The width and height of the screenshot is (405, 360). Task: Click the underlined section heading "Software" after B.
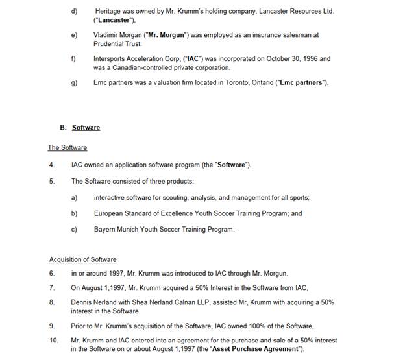[x=86, y=128]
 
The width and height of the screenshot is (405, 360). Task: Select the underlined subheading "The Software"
[x=67, y=147]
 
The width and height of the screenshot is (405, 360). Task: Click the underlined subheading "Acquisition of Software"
[x=82, y=259]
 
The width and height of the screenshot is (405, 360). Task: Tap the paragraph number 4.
[x=52, y=165]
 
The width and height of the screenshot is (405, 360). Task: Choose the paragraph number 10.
[x=53, y=340]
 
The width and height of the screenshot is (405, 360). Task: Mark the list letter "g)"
[x=74, y=82]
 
